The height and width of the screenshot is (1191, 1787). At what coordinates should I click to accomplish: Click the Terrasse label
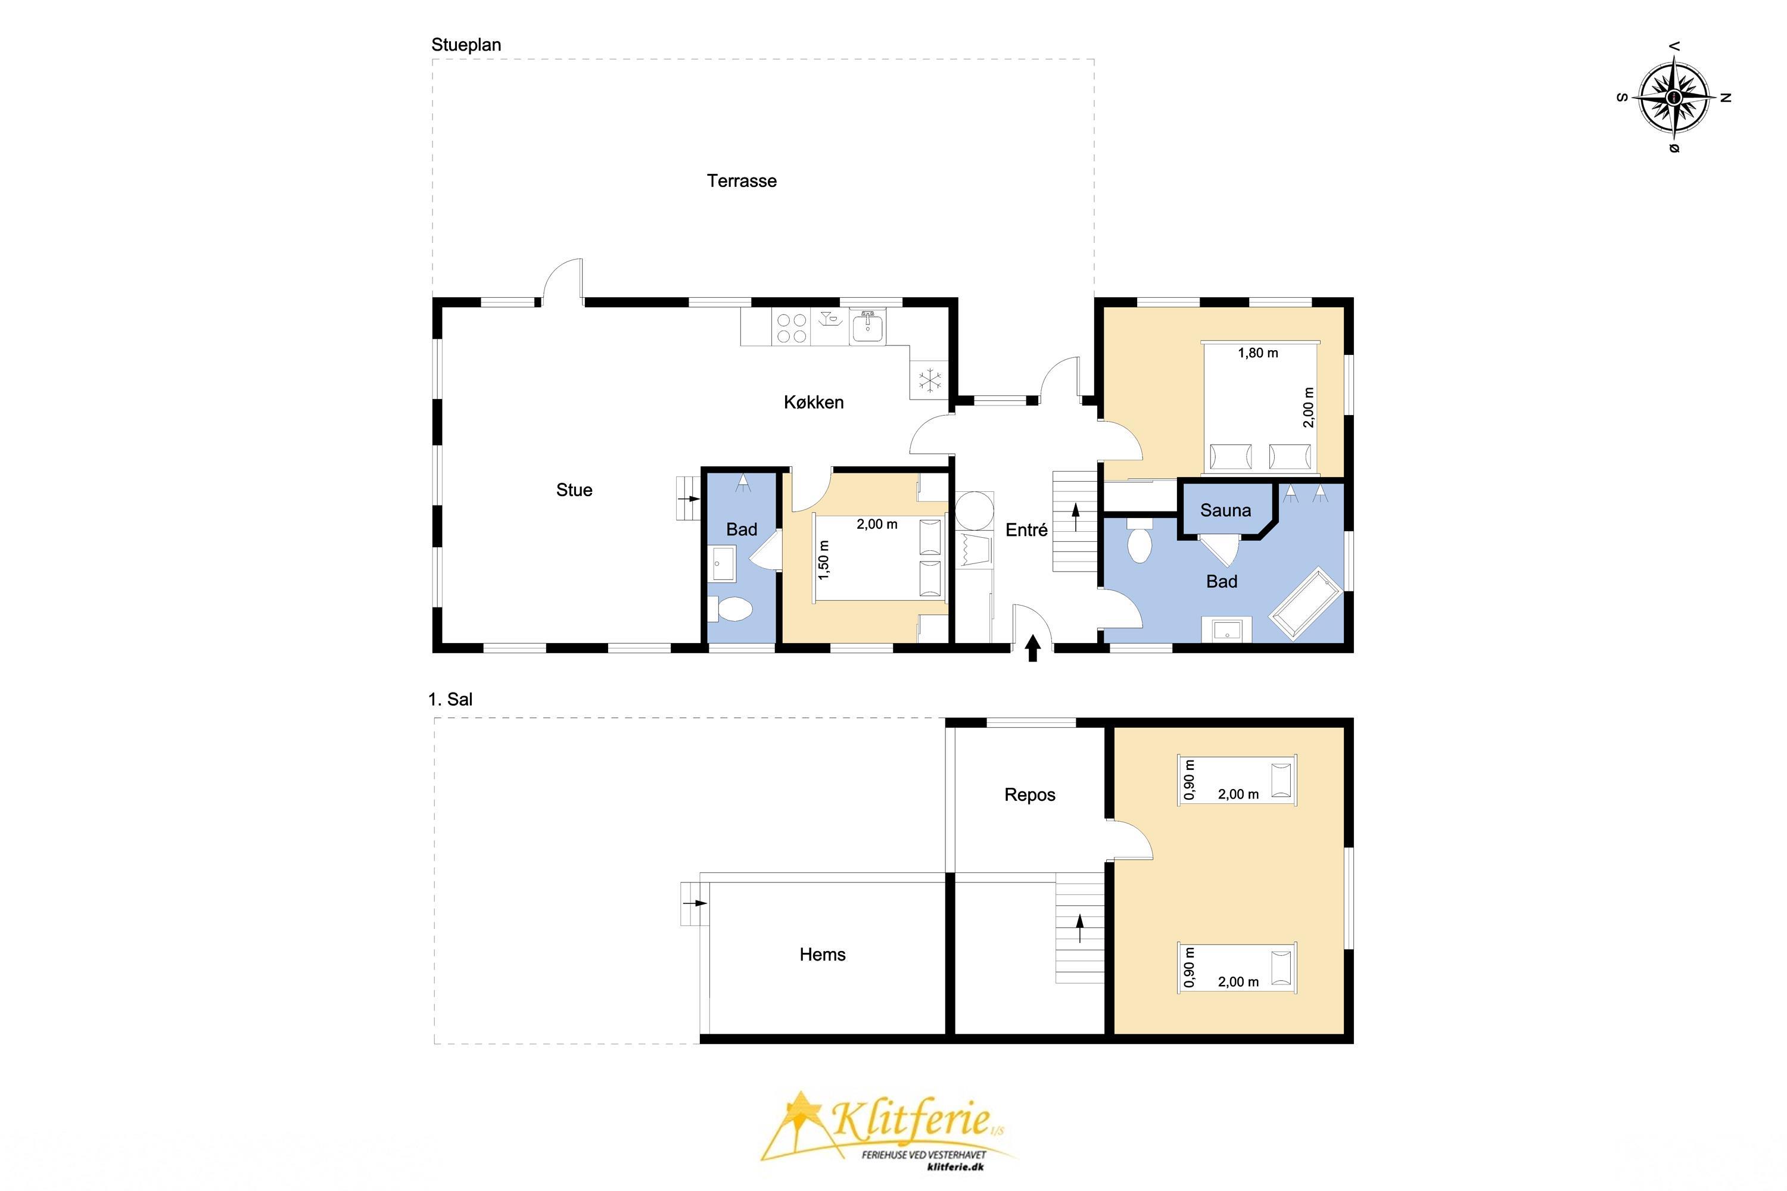click(742, 181)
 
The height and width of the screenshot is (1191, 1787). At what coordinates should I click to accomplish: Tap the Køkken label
click(814, 403)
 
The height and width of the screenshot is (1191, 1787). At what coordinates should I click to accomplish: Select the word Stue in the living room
click(574, 490)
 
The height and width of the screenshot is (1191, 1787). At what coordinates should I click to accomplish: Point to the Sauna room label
click(1225, 510)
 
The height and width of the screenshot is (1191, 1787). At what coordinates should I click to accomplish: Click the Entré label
click(1026, 530)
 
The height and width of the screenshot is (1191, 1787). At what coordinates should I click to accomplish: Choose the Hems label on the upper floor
click(823, 955)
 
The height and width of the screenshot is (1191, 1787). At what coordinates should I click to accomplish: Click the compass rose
click(1674, 97)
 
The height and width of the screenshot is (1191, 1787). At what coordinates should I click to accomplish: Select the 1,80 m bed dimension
click(1258, 353)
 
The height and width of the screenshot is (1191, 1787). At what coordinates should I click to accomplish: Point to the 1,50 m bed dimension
click(824, 560)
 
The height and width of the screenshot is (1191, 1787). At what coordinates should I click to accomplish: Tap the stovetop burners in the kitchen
click(792, 329)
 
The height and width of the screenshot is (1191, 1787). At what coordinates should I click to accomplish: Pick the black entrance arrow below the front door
click(1032, 648)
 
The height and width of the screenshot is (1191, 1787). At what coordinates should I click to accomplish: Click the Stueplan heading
click(466, 45)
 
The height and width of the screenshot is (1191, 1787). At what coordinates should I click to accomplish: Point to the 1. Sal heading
click(450, 700)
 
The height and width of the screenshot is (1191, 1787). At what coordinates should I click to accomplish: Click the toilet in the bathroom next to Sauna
click(1139, 540)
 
